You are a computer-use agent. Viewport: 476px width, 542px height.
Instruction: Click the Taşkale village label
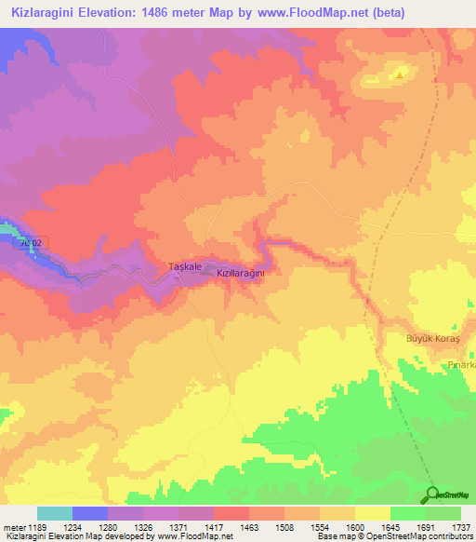click(x=185, y=267)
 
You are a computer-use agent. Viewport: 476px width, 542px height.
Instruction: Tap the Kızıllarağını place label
click(x=241, y=273)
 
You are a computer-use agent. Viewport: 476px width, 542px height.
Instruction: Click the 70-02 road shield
click(x=31, y=243)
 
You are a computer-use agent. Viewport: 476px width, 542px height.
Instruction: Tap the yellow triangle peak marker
click(x=400, y=74)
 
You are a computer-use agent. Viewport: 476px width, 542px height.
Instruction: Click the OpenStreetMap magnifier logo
click(x=432, y=495)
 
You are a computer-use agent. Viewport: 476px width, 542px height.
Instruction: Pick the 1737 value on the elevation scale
click(x=462, y=527)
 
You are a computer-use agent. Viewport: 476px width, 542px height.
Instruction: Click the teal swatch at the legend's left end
click(x=55, y=513)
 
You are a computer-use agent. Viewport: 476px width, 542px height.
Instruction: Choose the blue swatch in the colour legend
click(x=90, y=513)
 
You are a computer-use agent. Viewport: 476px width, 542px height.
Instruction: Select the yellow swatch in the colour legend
click(x=372, y=513)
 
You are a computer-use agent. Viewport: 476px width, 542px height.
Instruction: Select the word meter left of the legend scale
click(x=14, y=527)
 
